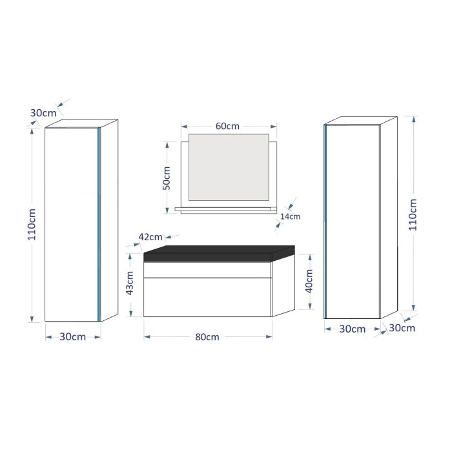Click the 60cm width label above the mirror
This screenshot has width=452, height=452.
pos(227,127)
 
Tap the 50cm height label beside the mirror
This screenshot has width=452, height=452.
pos(167,178)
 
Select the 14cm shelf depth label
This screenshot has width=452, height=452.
pos(291,216)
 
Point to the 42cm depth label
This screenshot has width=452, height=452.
pos(150,237)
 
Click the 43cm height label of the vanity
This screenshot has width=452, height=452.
pos(130,283)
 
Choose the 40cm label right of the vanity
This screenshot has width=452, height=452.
pos(309,281)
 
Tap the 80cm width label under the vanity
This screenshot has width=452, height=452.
pos(207,337)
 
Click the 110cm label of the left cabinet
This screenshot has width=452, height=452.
pos(32,225)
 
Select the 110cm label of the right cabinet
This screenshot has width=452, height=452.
pos(413,214)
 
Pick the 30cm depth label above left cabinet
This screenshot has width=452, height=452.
pos(43,113)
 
